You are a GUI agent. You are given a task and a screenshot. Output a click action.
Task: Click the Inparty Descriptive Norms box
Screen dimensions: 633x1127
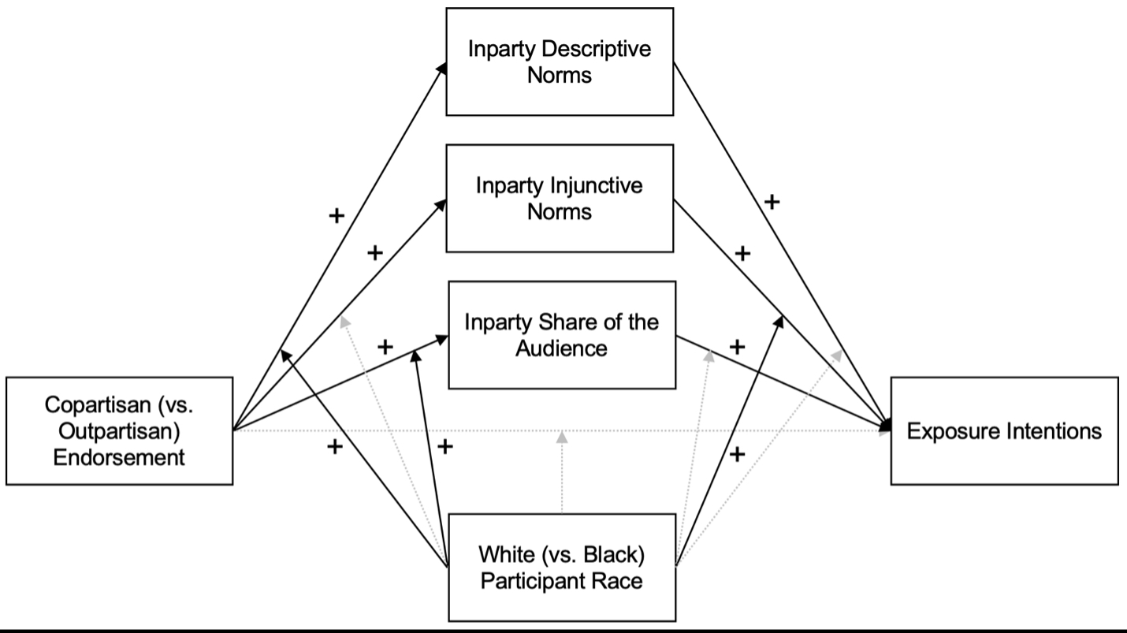(560, 61)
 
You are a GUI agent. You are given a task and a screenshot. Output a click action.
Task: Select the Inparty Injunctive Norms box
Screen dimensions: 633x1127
(560, 198)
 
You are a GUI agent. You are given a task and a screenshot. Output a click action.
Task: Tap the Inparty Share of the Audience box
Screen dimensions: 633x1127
(562, 334)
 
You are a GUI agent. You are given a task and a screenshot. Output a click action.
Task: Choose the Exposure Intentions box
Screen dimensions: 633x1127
(1004, 430)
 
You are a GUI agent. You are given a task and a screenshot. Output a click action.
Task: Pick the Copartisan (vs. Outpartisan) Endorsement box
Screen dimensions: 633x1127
(119, 430)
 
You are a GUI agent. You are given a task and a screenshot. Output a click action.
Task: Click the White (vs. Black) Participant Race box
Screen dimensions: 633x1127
(562, 568)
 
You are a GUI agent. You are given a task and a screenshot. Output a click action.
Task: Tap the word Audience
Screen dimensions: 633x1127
(562, 348)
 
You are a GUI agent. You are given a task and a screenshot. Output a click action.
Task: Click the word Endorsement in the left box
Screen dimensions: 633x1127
(119, 456)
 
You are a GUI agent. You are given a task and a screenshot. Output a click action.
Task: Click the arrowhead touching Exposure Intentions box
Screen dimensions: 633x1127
(887, 426)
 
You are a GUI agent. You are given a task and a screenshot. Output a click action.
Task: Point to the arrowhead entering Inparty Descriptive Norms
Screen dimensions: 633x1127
(443, 69)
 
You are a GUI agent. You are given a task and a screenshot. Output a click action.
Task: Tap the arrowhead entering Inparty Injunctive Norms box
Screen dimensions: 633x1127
(442, 203)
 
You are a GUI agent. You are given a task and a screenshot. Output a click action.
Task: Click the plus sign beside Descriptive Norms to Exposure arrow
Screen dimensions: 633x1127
(772, 202)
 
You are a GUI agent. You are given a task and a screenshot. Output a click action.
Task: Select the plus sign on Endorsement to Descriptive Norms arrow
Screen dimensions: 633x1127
(337, 215)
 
